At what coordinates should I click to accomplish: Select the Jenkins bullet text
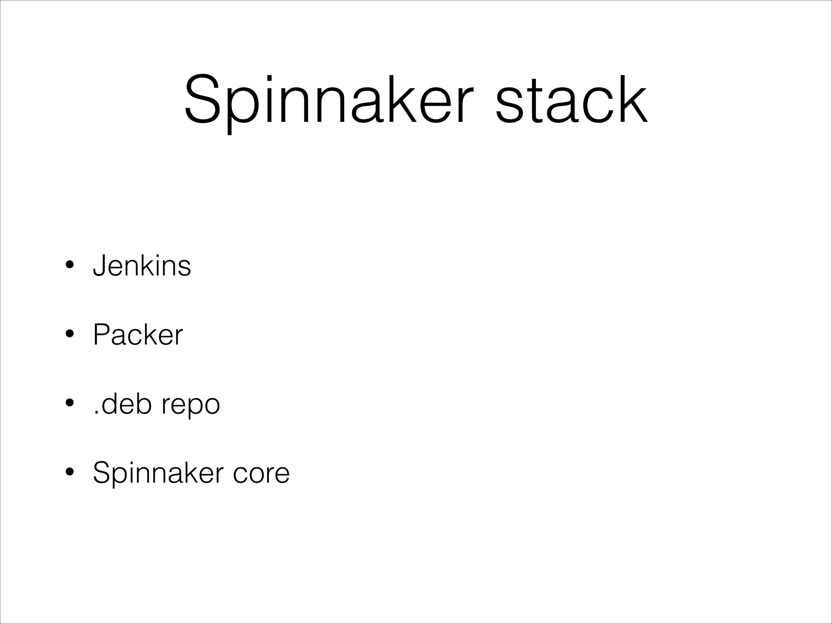[x=142, y=266]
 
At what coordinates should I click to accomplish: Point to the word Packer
[x=138, y=335]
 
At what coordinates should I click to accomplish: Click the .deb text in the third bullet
[x=122, y=404]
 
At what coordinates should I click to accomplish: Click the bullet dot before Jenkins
[x=69, y=266]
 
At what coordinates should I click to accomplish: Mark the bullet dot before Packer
[x=69, y=335]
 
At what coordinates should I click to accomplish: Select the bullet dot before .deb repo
[x=69, y=404]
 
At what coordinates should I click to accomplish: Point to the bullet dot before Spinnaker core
[x=69, y=473]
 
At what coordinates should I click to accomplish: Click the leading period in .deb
[x=96, y=413]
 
